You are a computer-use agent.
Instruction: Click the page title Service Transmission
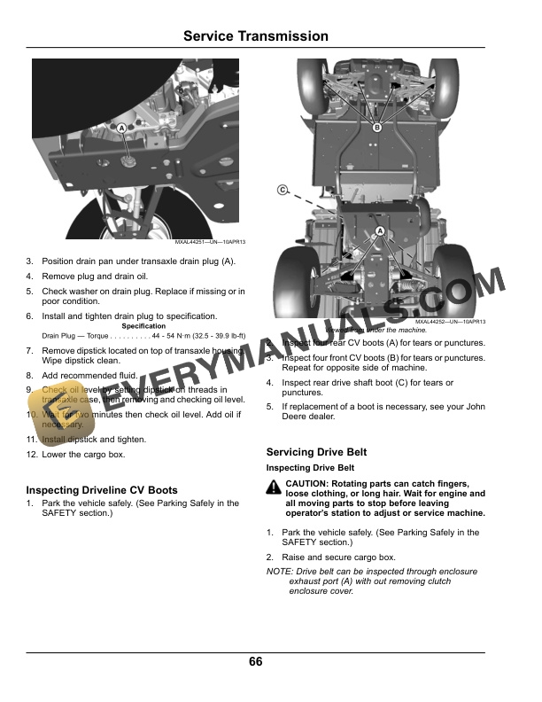pos(255,36)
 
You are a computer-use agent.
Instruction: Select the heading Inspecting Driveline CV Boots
pos(102,489)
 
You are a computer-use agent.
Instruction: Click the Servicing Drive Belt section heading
pos(316,452)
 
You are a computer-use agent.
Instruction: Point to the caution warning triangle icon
pos(274,485)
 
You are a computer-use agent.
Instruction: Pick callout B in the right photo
pos(376,128)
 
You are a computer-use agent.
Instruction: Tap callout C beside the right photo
pos(283,190)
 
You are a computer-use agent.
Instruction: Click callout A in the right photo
pos(379,231)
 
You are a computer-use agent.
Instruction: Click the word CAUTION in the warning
pos(307,483)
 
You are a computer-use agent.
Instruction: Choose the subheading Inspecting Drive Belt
pos(310,467)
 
